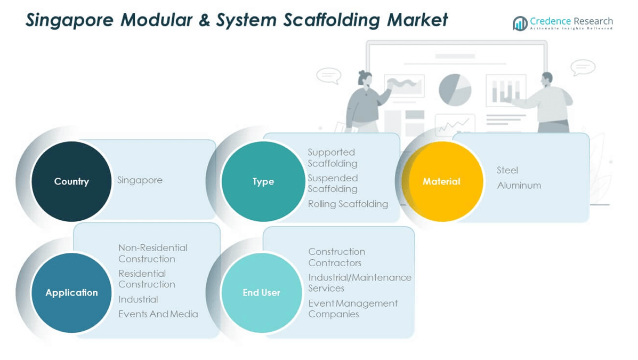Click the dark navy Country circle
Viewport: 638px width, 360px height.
[x=71, y=181]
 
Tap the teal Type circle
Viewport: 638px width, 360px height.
[x=263, y=181]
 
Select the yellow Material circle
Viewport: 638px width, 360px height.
[x=442, y=181]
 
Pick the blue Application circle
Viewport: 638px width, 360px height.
[x=71, y=292]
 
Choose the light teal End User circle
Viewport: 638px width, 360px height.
[x=261, y=292]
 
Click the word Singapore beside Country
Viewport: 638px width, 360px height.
[x=140, y=180]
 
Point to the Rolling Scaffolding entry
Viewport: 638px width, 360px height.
[x=348, y=204]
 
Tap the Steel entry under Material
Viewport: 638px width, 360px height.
[x=507, y=170]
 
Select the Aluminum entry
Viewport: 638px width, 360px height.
[x=519, y=186]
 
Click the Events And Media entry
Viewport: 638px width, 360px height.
[x=158, y=314]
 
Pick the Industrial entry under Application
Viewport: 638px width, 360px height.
[x=138, y=299]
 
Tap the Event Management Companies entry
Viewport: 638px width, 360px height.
[x=353, y=308]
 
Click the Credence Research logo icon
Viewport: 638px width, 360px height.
[x=520, y=23]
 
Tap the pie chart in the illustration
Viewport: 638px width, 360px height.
[x=455, y=89]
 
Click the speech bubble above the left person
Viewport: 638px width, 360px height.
[x=329, y=75]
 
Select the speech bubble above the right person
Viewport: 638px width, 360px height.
[x=583, y=68]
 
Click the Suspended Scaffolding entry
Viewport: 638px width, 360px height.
[x=333, y=183]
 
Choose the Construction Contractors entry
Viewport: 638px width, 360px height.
[x=337, y=257]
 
